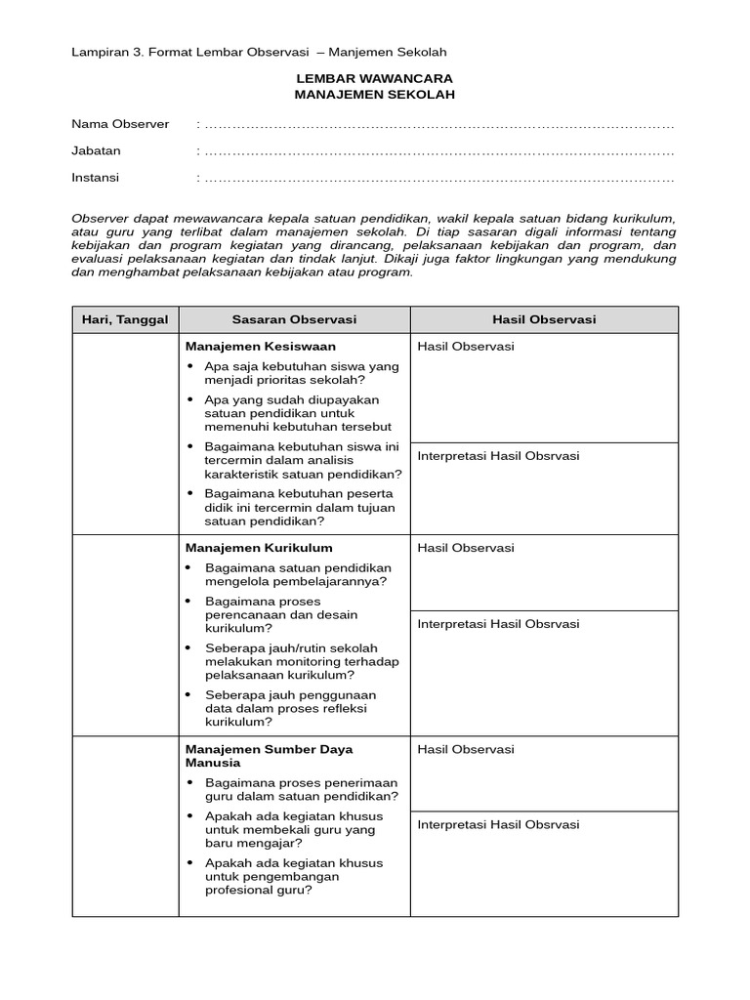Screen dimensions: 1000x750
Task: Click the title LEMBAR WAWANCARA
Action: point(375,77)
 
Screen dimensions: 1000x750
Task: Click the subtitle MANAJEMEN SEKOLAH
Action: point(375,94)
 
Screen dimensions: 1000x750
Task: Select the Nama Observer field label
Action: point(120,124)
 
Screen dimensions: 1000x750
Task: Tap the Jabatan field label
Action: point(97,151)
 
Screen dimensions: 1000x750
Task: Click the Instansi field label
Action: point(96,178)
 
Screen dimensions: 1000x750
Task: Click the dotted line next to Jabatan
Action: point(439,152)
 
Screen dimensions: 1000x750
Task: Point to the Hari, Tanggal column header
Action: point(125,319)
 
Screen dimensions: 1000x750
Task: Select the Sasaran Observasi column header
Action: point(294,319)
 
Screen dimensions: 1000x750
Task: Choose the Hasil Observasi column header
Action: point(544,319)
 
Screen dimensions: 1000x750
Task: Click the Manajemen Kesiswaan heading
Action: point(260,346)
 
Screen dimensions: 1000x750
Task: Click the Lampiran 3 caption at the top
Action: point(259,52)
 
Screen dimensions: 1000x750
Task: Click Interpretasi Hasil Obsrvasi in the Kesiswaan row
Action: point(498,455)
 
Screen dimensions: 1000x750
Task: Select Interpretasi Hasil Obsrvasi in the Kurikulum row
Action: point(498,623)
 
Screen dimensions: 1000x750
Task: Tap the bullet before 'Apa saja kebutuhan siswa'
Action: point(189,366)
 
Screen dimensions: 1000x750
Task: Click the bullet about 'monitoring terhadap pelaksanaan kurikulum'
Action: point(189,648)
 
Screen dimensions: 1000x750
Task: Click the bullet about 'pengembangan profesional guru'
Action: point(189,863)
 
